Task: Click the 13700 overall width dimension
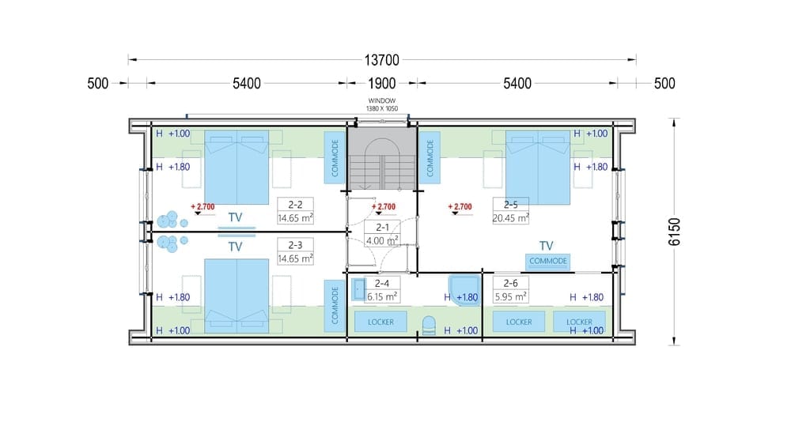[381, 60]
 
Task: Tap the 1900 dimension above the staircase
[381, 83]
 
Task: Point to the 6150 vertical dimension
[675, 232]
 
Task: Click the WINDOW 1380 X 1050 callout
[382, 105]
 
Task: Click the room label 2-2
[295, 205]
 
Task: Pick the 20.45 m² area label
[510, 217]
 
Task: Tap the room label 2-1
[382, 228]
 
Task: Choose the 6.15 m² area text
[382, 297]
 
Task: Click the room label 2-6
[510, 283]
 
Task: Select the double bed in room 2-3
[236, 296]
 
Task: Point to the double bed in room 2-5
[538, 168]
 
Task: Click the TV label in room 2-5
[547, 246]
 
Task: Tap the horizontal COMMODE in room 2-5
[548, 262]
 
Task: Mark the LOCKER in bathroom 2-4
[381, 322]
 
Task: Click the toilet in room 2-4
[428, 325]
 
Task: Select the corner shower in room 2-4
[464, 290]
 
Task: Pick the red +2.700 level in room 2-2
[202, 207]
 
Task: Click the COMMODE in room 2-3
[335, 305]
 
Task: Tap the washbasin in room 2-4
[358, 290]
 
